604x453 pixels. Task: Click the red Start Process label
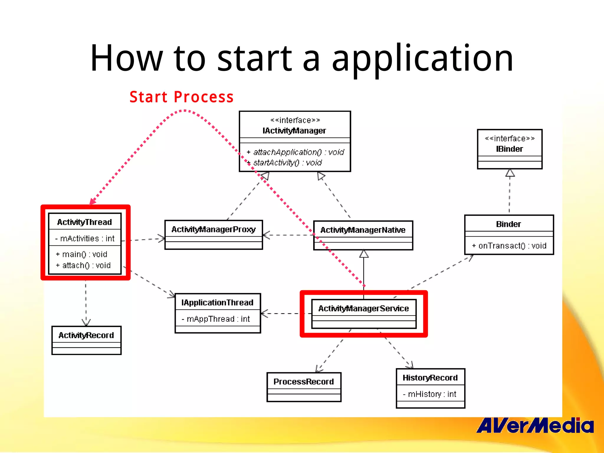pyautogui.click(x=181, y=97)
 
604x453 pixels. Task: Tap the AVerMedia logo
pyautogui.click(x=535, y=426)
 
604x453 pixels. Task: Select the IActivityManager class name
pyautogui.click(x=294, y=131)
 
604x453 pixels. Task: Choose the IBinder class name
pyautogui.click(x=509, y=149)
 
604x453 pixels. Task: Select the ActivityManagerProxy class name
pyautogui.click(x=214, y=229)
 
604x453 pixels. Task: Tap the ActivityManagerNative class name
pyautogui.click(x=363, y=230)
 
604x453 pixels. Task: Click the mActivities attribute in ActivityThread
pyautogui.click(x=85, y=238)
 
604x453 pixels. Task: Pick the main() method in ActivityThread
pyautogui.click(x=82, y=254)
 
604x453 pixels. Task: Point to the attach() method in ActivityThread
pyautogui.click(x=83, y=265)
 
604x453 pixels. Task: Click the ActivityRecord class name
pyautogui.click(x=86, y=335)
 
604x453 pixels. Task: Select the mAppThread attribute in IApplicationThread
pyautogui.click(x=216, y=319)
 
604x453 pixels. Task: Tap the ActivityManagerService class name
pyautogui.click(x=363, y=308)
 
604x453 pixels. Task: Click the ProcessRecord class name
pyautogui.click(x=303, y=382)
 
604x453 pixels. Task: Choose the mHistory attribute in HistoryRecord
pyautogui.click(x=430, y=394)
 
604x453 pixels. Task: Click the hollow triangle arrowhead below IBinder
pyautogui.click(x=510, y=173)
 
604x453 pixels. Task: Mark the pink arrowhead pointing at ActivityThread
pyautogui.click(x=92, y=201)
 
